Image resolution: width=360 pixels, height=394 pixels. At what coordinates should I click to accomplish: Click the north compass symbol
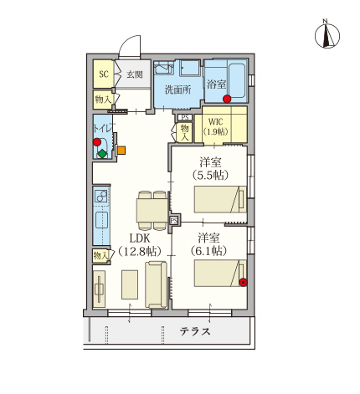tap(327, 36)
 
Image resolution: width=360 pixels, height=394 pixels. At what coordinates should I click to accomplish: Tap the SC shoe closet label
tap(104, 74)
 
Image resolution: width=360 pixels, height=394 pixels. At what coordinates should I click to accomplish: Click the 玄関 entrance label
tap(135, 74)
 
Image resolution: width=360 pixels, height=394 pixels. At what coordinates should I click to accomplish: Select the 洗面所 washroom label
tap(178, 90)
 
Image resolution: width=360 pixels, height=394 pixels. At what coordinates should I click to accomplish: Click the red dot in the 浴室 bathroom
tap(227, 99)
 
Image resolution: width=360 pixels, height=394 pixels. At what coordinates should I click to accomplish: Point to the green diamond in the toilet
tap(102, 154)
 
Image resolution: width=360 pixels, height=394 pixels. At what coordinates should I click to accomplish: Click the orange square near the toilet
tap(121, 151)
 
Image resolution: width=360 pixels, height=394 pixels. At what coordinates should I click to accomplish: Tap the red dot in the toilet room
tap(97, 142)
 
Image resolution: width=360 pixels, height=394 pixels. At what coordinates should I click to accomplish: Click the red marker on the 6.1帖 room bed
tap(244, 283)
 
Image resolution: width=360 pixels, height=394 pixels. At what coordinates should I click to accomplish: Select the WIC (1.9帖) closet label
tap(216, 126)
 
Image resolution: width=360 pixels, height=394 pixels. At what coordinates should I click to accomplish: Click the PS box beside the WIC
tap(185, 117)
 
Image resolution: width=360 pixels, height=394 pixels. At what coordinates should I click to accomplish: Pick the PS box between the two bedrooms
tap(174, 220)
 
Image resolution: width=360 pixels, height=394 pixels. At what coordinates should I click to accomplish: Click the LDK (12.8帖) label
tap(140, 245)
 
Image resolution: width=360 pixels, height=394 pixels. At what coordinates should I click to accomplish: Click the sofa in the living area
tap(157, 284)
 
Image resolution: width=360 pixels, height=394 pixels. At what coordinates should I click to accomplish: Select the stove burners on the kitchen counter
tap(101, 197)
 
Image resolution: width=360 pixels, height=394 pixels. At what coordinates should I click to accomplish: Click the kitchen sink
tap(101, 220)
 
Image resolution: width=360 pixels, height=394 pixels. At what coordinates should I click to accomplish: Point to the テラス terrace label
tap(195, 331)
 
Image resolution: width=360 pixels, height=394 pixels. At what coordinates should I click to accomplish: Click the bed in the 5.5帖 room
tap(220, 199)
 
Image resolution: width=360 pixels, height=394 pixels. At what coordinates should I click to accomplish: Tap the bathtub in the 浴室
tap(237, 81)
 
